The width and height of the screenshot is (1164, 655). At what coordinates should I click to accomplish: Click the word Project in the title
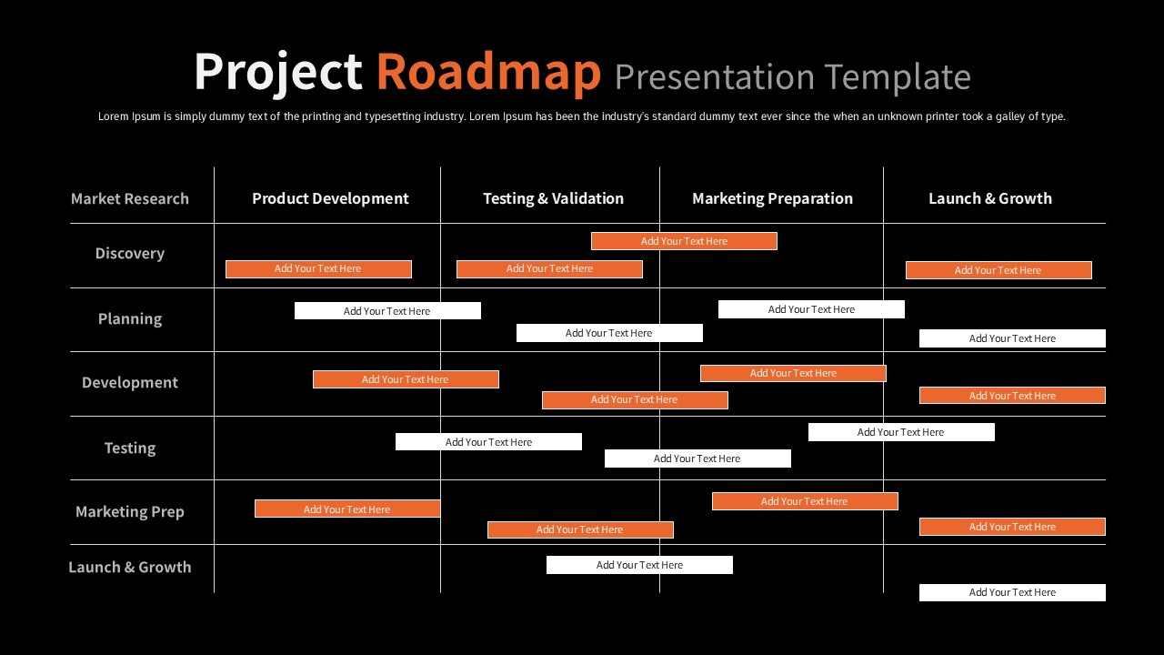277,72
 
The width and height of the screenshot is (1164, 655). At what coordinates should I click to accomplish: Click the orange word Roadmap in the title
488,72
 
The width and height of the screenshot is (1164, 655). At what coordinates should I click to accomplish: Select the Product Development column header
330,198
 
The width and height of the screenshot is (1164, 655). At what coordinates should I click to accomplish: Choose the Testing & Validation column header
553,198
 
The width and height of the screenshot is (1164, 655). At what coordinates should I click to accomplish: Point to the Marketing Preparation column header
772,198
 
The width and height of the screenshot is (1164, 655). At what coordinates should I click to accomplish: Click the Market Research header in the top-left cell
130,198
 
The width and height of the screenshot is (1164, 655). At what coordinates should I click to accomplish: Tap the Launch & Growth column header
989,198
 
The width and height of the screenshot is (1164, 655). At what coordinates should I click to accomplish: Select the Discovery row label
130,254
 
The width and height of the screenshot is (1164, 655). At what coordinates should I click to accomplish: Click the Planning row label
130,318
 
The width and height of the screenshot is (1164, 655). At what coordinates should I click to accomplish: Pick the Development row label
130,383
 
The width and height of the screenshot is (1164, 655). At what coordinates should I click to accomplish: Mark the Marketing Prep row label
130,511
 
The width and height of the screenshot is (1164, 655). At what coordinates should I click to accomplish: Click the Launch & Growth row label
130,567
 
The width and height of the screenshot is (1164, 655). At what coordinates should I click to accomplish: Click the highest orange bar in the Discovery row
684,241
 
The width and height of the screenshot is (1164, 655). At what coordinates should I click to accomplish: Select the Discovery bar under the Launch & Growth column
998,270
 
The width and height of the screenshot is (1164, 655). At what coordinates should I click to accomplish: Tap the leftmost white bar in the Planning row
387,311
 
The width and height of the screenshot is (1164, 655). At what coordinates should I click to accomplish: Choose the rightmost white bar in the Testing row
900,432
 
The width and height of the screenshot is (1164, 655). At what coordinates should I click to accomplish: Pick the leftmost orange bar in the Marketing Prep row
347,509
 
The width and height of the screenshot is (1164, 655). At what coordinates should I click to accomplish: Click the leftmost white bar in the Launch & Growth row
639,565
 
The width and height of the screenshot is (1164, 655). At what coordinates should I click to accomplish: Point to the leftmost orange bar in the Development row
406,379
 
